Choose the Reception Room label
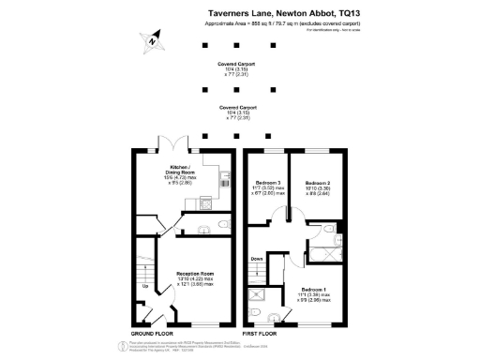(196, 273)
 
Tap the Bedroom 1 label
(316, 290)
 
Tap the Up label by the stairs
(144, 286)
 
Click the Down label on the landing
(256, 259)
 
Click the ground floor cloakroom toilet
(217, 226)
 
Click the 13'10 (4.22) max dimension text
(196, 278)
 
